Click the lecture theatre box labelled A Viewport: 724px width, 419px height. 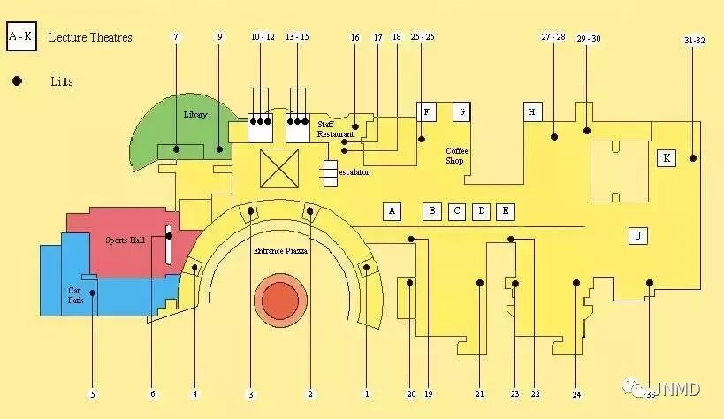click(392, 210)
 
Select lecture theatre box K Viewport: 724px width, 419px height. click(667, 158)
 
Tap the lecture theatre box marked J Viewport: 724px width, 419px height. click(637, 235)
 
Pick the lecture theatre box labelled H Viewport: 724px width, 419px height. click(531, 111)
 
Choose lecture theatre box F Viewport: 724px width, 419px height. click(427, 111)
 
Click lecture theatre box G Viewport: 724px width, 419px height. click(461, 111)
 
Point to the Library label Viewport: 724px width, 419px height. click(195, 115)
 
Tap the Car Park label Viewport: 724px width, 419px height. click(77, 294)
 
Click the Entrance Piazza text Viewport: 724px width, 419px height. click(280, 251)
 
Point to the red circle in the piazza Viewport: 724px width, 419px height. click(282, 301)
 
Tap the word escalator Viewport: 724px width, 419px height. click(354, 171)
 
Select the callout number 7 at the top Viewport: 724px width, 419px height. click(176, 37)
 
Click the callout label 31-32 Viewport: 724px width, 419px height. click(694, 41)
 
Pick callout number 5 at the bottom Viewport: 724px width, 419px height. click(93, 393)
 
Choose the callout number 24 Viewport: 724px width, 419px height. click(576, 393)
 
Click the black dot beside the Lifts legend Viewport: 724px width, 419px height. click(17, 81)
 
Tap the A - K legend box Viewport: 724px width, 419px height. click(20, 37)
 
